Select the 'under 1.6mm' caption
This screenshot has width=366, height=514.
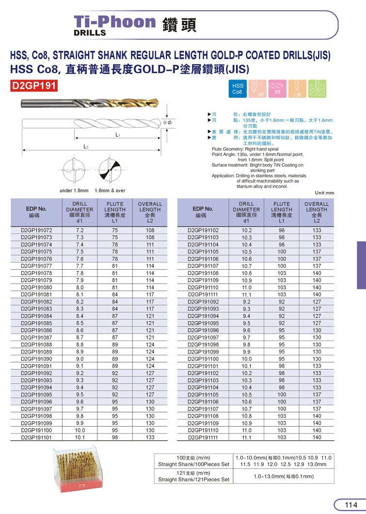coord(74,191)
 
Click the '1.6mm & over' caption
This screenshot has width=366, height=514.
coord(110,191)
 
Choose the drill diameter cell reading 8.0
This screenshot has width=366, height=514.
coord(80,287)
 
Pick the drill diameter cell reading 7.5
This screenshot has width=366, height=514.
coord(80,252)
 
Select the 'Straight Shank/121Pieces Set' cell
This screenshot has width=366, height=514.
coord(193,480)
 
